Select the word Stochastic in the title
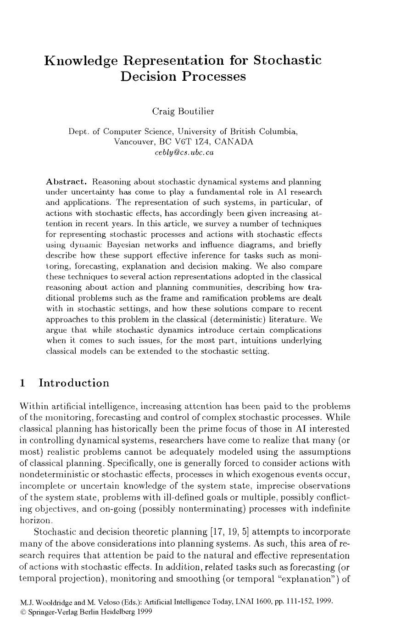tap(287, 60)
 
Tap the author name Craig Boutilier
tap(183, 111)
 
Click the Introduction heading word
tap(74, 383)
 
